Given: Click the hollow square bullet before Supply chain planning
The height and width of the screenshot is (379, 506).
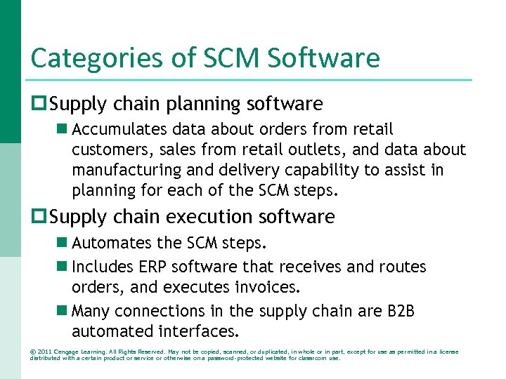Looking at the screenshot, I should point(38,105).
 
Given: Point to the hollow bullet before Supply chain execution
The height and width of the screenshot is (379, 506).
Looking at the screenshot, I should point(38,218).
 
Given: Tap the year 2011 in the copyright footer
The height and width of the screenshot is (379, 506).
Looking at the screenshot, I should point(44,352).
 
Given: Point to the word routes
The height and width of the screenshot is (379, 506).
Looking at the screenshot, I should point(403,267).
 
